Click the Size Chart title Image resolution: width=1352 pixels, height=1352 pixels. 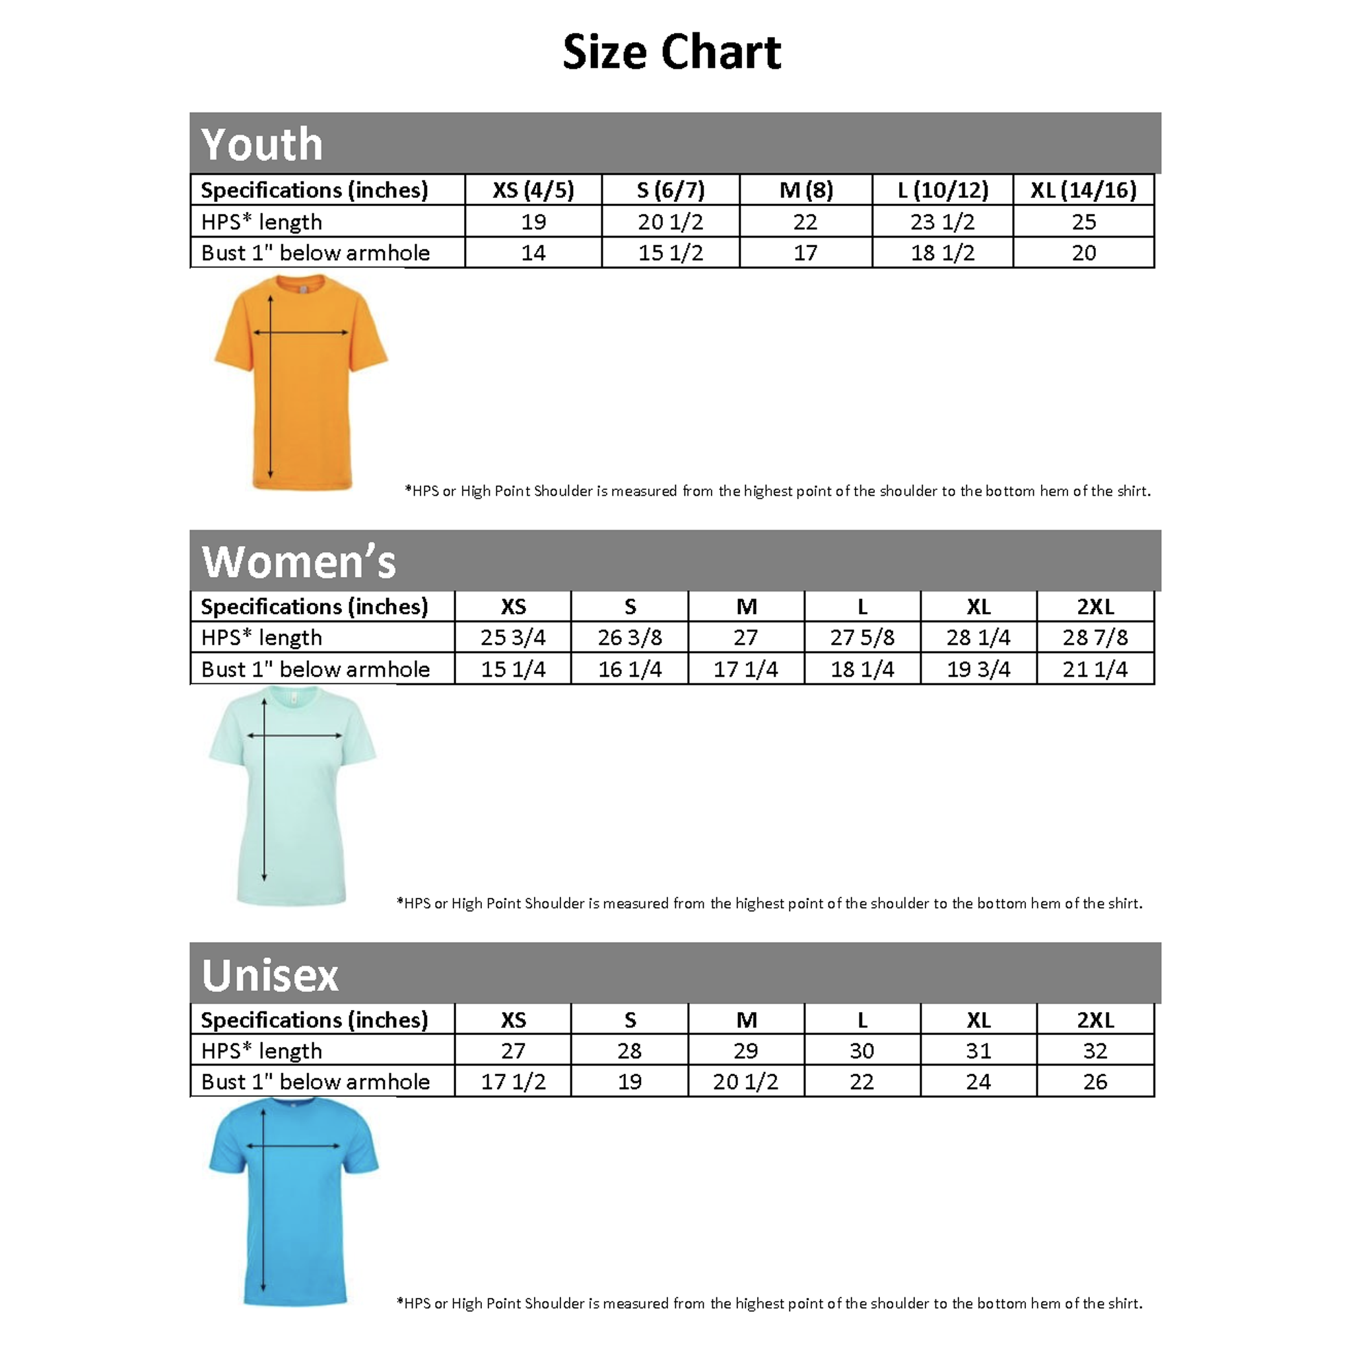[x=672, y=53]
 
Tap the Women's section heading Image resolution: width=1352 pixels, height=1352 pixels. [x=299, y=561]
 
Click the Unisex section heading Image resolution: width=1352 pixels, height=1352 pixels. [x=270, y=975]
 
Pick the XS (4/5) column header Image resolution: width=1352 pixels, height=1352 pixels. [x=533, y=189]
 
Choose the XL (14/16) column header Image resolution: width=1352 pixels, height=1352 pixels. [x=1083, y=189]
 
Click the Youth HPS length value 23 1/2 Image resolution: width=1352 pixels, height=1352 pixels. [x=942, y=222]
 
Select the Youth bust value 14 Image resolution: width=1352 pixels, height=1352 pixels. [x=533, y=253]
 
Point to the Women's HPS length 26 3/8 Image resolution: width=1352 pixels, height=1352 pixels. [x=630, y=638]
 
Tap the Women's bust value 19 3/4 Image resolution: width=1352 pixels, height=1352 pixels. [x=978, y=669]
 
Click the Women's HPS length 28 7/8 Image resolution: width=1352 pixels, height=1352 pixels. [x=1095, y=638]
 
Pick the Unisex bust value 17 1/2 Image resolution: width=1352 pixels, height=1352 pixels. [x=513, y=1082]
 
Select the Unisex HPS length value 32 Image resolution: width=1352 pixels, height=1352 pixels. [x=1095, y=1050]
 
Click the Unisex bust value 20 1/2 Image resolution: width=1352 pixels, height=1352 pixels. [x=746, y=1082]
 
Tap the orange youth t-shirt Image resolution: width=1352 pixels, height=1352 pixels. [x=302, y=382]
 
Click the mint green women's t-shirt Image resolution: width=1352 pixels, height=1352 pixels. [x=292, y=795]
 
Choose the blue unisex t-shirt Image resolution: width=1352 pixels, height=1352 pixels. [x=294, y=1201]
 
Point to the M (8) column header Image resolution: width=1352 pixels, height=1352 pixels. [x=806, y=189]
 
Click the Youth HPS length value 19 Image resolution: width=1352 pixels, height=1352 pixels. [x=533, y=222]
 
